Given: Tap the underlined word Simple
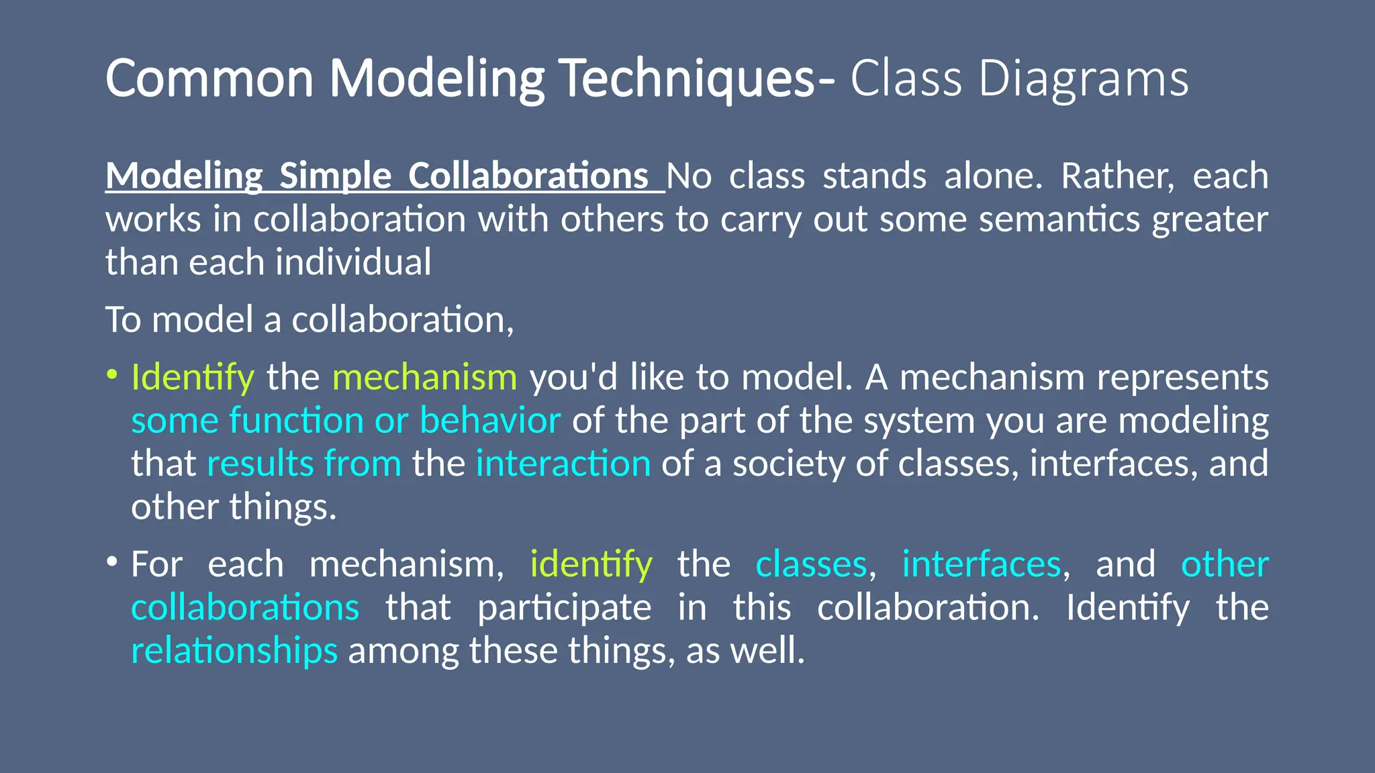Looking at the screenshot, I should coord(335,176).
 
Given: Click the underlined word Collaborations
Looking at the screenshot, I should coord(528,176).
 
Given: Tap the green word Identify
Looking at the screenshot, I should coord(193,377).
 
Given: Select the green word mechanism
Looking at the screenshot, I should coord(424,377).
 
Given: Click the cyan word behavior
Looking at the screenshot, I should coord(489,421).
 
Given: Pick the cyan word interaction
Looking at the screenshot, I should coord(563,464).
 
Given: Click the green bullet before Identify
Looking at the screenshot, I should coord(112,373).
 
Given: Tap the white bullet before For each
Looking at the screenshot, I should coord(112,560).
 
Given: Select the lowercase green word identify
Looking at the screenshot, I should coord(591,564).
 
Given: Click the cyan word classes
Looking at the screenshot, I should coord(811,564).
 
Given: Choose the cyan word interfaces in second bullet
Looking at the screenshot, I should coord(980,564).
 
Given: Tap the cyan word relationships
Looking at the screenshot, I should coord(234,651).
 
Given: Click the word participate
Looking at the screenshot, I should coord(564,608).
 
